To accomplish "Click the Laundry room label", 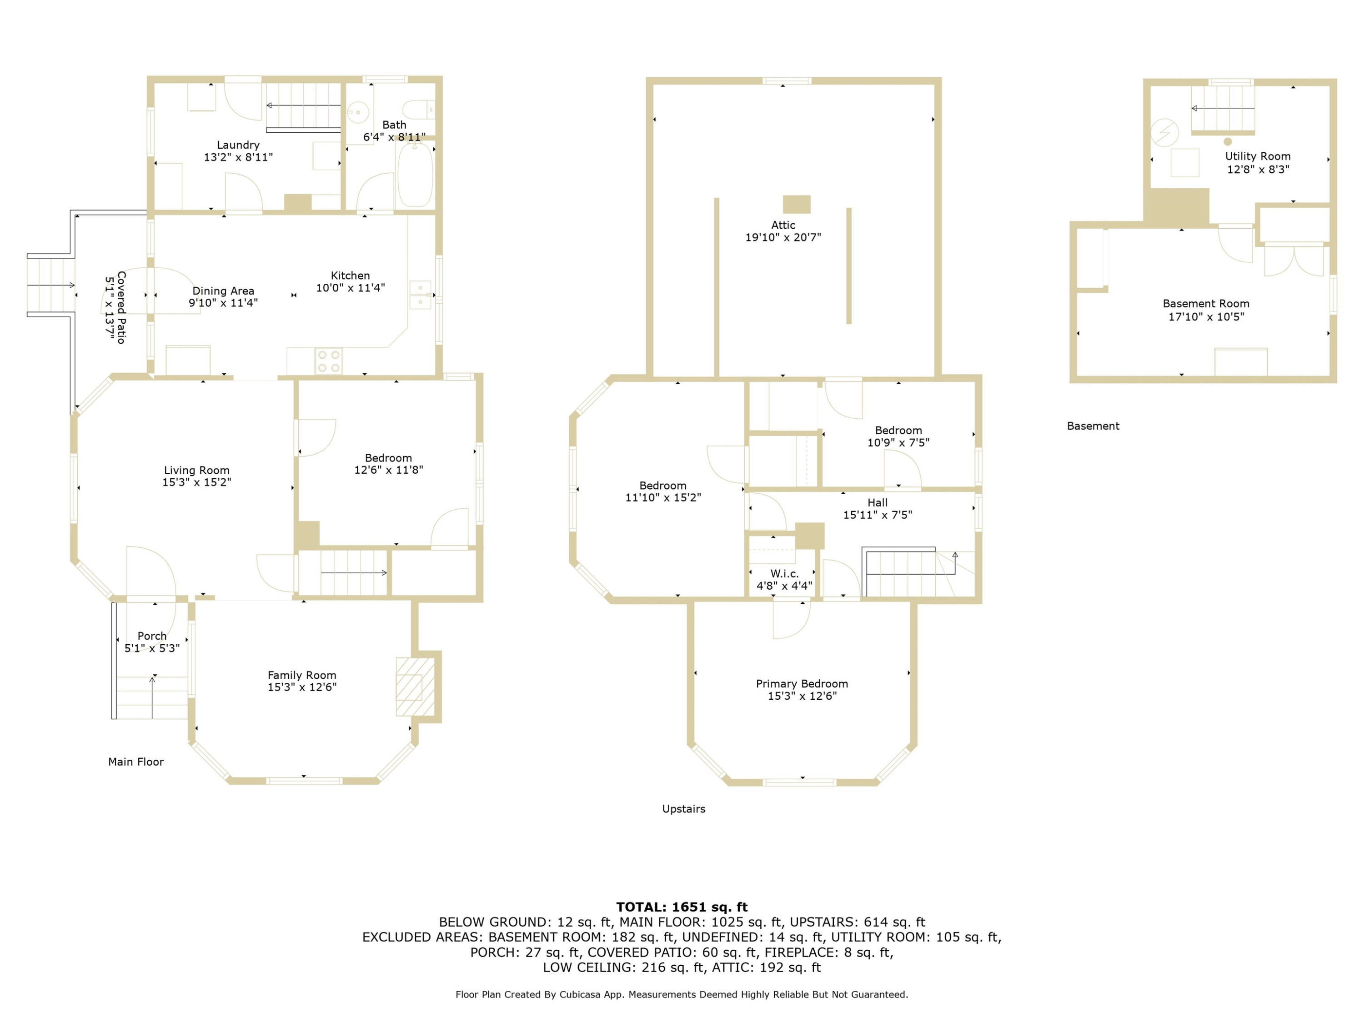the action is click(x=238, y=145).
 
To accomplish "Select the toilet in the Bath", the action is click(x=419, y=110).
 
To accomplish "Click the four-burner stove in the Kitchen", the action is click(x=329, y=361).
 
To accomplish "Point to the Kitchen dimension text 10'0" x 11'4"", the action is click(x=350, y=287).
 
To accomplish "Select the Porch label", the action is click(x=152, y=636).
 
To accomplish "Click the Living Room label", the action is click(x=197, y=471).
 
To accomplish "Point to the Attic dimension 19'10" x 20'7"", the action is click(x=783, y=237).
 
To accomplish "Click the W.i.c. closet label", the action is click(x=784, y=573).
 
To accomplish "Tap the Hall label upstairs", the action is click(x=878, y=502).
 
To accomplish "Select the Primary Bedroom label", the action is click(x=802, y=684).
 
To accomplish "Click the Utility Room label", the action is click(x=1257, y=156).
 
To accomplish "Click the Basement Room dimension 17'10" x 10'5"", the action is click(x=1206, y=317).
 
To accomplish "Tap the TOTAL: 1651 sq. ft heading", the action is click(x=682, y=907).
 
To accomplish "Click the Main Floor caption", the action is click(x=135, y=762).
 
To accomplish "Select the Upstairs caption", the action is click(x=683, y=809).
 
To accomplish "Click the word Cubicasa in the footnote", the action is click(x=580, y=995).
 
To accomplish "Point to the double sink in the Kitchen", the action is click(x=421, y=295).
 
